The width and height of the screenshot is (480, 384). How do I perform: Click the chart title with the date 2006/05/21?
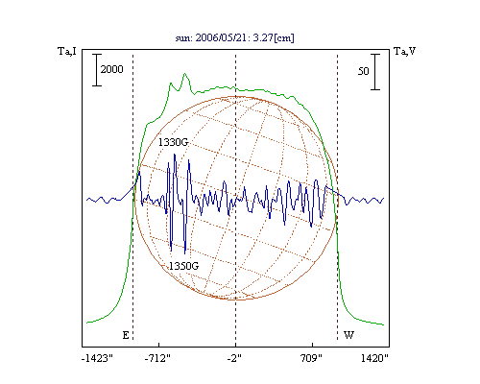click(234, 37)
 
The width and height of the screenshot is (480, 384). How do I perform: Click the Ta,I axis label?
click(67, 51)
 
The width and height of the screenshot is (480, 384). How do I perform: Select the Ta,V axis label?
click(405, 51)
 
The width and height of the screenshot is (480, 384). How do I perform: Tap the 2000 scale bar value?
click(111, 69)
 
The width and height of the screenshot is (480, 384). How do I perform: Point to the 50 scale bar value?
click(364, 71)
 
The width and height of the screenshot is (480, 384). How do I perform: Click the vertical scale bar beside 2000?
click(97, 70)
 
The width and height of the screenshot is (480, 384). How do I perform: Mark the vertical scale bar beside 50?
click(375, 72)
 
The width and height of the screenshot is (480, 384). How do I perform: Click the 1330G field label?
click(173, 142)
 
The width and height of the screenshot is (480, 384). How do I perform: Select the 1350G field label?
click(183, 266)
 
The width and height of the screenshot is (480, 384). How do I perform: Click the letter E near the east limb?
click(126, 335)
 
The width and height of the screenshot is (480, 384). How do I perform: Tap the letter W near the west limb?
click(348, 335)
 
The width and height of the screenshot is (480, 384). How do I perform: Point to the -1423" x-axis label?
click(98, 358)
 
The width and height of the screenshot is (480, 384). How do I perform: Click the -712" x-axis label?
click(157, 358)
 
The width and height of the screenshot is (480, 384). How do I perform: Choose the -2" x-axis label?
click(234, 358)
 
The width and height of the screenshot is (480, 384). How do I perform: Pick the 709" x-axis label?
click(311, 358)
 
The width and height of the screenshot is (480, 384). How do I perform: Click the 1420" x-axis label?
click(374, 358)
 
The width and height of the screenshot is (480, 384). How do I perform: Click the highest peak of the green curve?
click(184, 74)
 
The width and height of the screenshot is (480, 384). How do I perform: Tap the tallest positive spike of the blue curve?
click(175, 155)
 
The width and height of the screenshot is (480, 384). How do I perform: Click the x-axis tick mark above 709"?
click(312, 345)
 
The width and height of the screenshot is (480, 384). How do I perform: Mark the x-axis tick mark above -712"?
click(159, 345)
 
